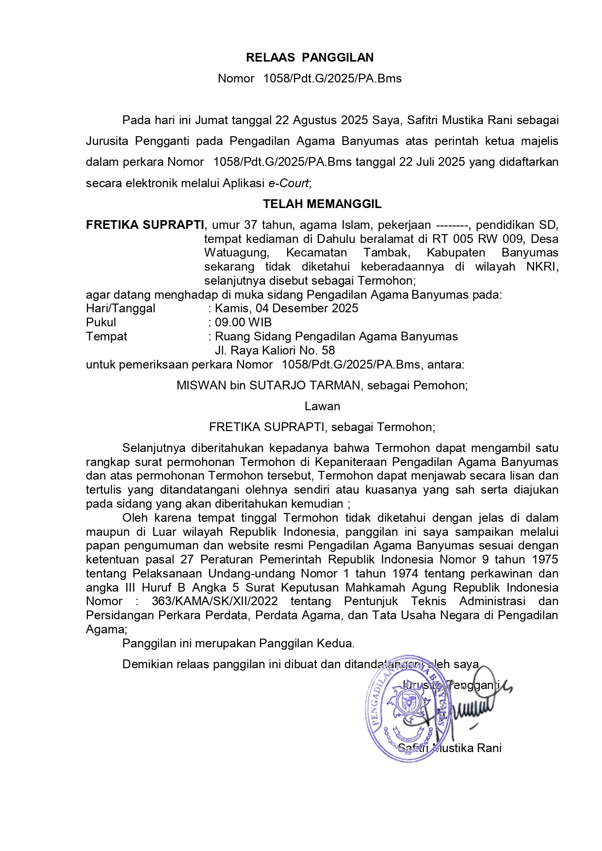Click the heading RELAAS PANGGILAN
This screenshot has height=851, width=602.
309,58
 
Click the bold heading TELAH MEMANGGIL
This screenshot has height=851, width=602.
322,204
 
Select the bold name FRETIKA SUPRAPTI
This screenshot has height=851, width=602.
145,225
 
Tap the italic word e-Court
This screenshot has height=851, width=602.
288,183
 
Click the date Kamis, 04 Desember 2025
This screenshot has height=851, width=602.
286,308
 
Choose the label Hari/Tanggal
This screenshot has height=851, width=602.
121,308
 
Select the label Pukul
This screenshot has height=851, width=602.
101,322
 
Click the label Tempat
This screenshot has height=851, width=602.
106,337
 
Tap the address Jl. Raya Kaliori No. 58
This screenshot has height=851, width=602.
275,351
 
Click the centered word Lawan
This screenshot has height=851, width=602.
322,406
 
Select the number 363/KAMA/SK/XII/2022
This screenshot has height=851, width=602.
214,601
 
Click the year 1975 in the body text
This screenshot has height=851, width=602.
545,560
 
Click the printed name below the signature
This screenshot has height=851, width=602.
450,748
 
